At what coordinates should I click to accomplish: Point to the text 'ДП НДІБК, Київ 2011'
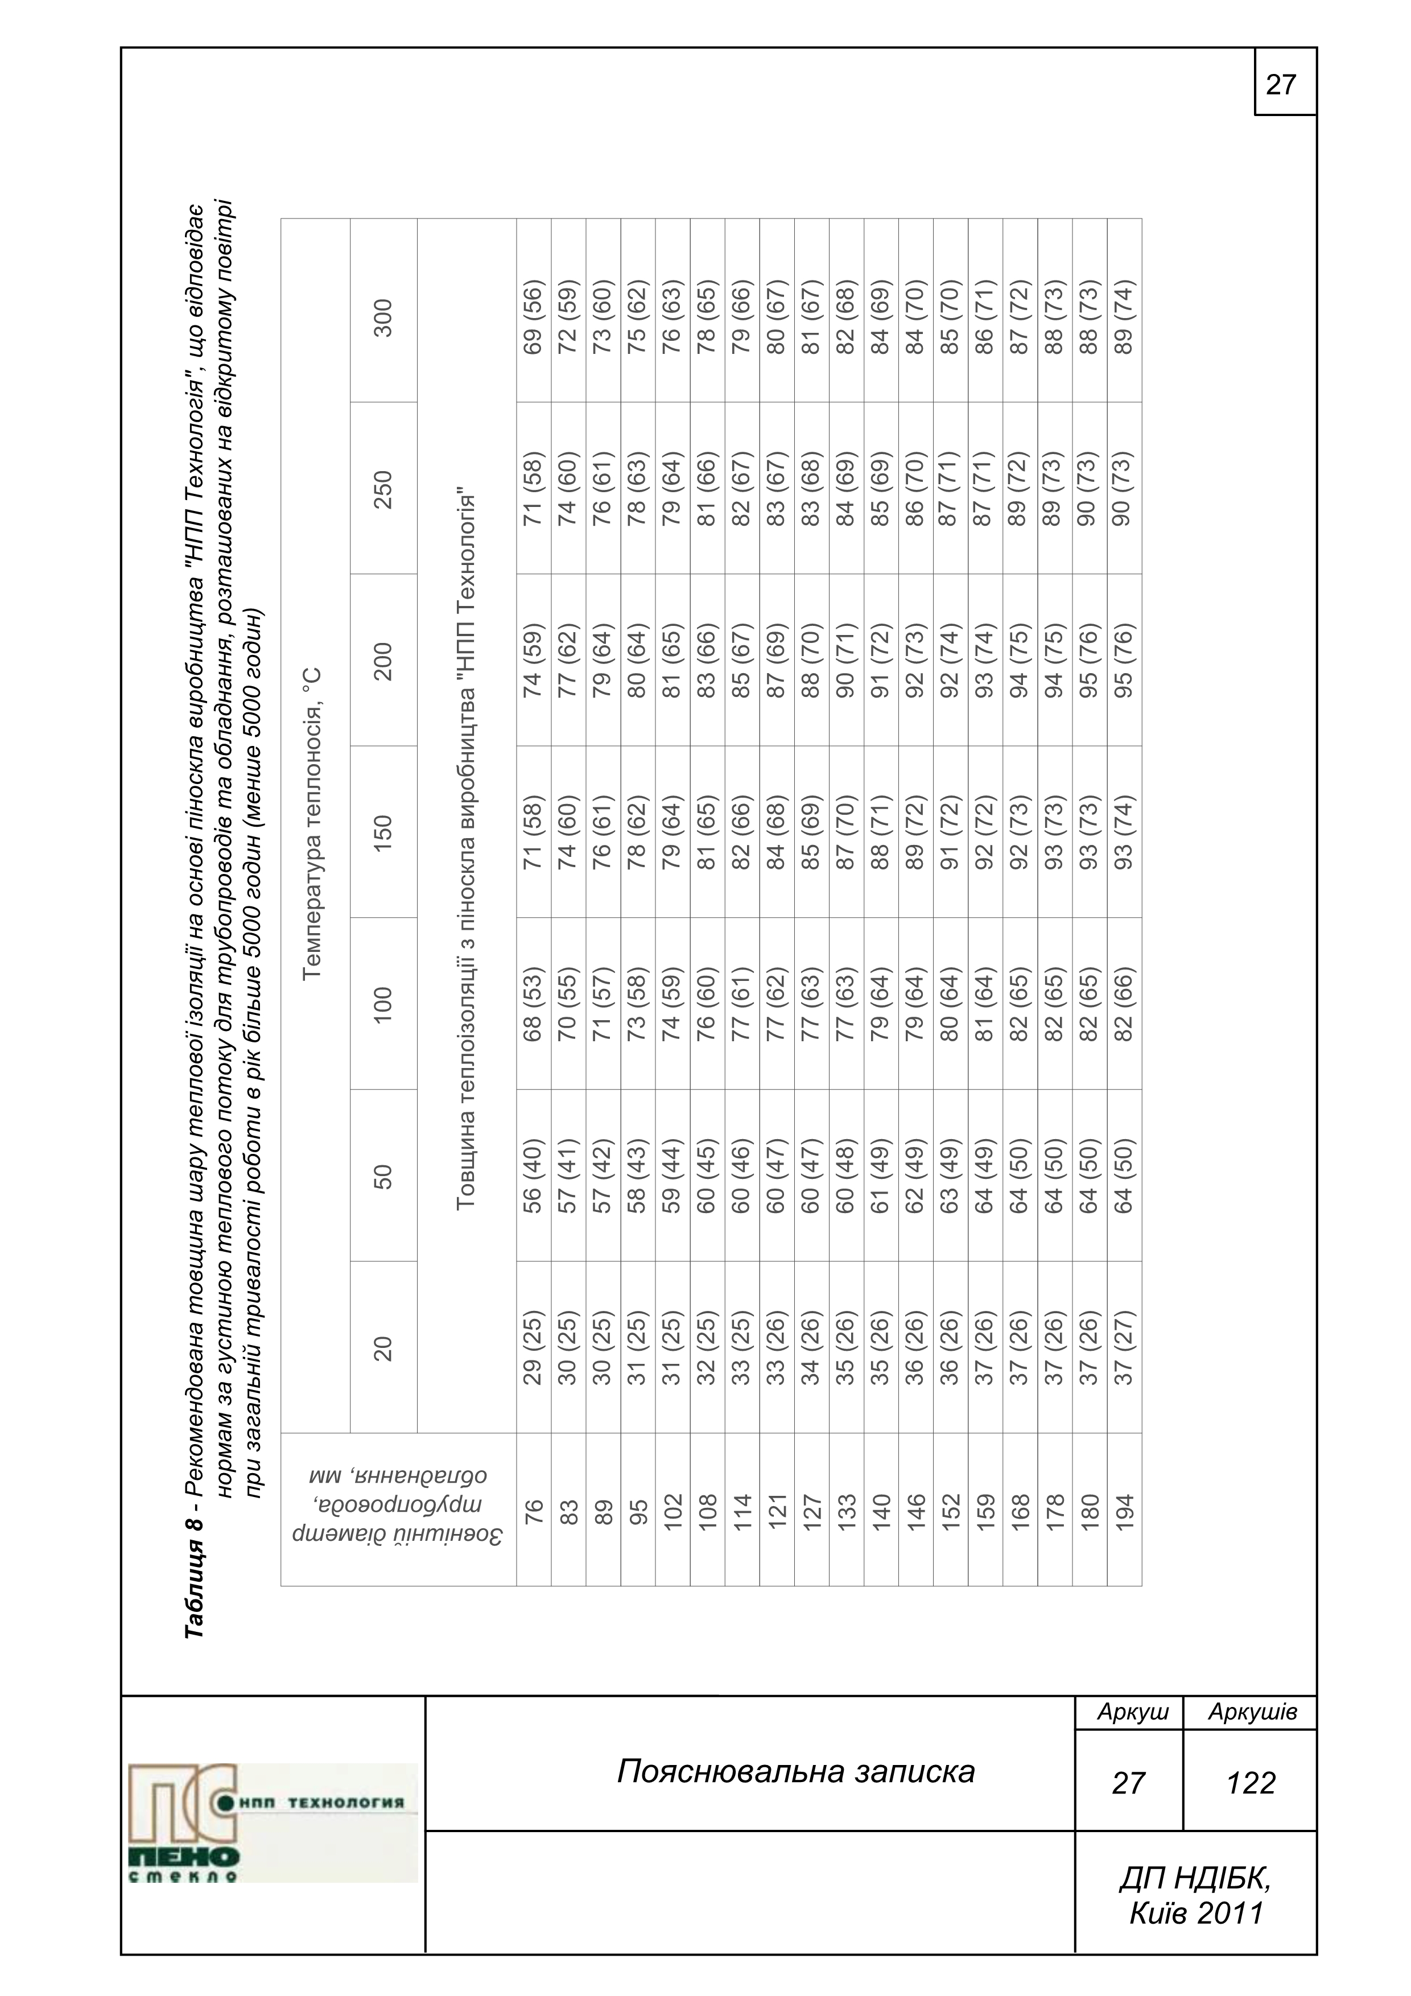(1195, 1895)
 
